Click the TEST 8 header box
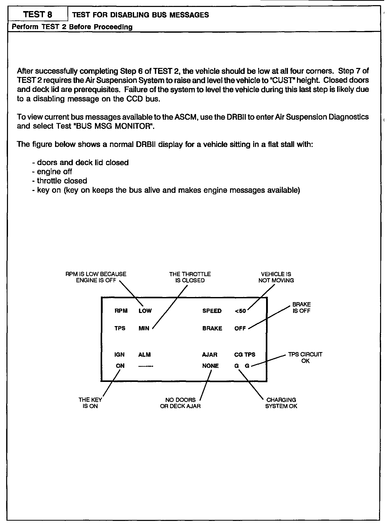point(38,14)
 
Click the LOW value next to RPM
point(145,311)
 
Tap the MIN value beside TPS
point(144,328)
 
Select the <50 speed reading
point(240,311)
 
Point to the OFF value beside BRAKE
point(240,328)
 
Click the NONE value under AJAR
point(210,366)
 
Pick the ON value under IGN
point(120,366)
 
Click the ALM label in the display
point(144,355)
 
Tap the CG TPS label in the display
point(245,355)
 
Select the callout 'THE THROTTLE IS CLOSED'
point(190,277)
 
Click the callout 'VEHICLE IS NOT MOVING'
point(276,277)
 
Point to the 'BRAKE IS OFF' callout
point(302,308)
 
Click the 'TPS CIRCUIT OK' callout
point(305,357)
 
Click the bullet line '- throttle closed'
point(60,181)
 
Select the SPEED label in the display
point(212,311)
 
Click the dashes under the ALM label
point(146,366)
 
